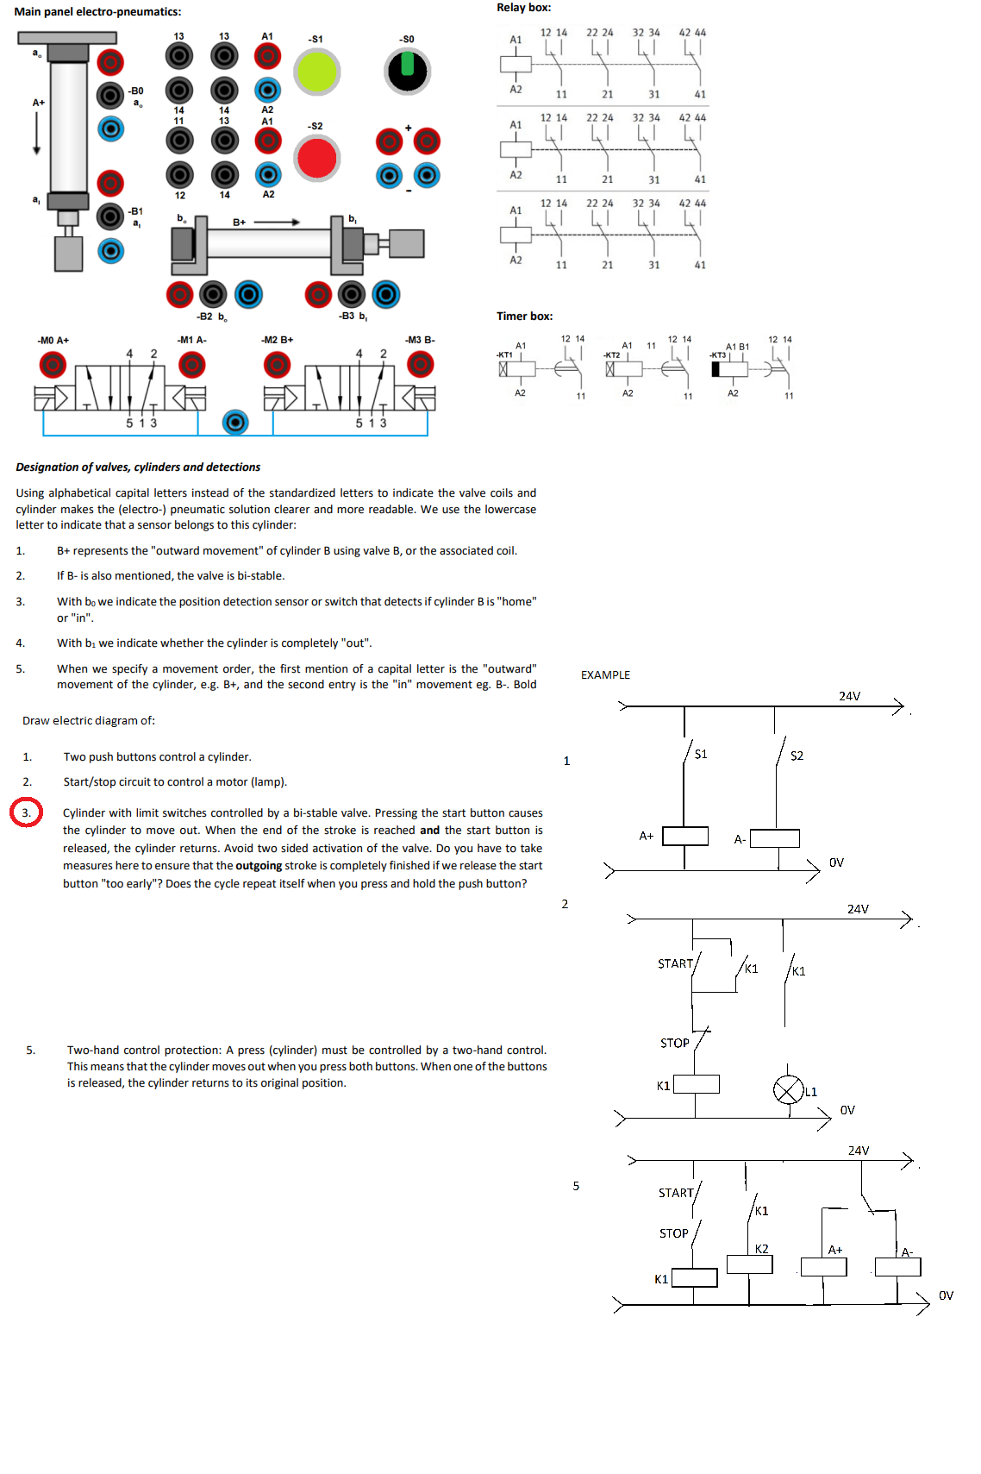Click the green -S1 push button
tap(317, 72)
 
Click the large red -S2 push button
tap(317, 159)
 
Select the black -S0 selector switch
tap(408, 71)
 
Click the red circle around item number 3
tap(26, 812)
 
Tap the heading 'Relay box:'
tap(523, 8)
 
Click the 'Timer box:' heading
tap(524, 317)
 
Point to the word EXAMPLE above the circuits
tap(605, 675)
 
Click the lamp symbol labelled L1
tap(788, 1090)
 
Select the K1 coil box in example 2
tap(696, 1084)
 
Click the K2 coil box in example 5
tap(749, 1264)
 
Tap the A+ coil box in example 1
tap(685, 836)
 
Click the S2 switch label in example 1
tap(797, 756)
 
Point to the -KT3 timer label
tap(717, 355)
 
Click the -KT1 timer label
tap(504, 355)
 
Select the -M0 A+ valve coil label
tap(53, 341)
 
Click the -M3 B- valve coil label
tap(420, 341)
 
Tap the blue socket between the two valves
tap(235, 422)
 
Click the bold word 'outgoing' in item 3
tap(259, 866)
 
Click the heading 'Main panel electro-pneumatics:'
tap(97, 12)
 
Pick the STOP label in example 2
tap(674, 1044)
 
